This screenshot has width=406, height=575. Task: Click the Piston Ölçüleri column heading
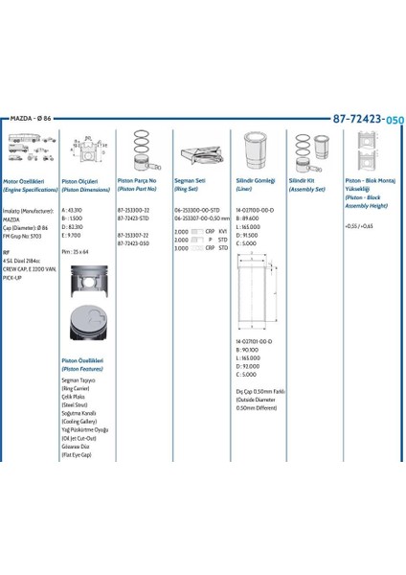(x=79, y=179)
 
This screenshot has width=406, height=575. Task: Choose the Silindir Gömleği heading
(x=256, y=179)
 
